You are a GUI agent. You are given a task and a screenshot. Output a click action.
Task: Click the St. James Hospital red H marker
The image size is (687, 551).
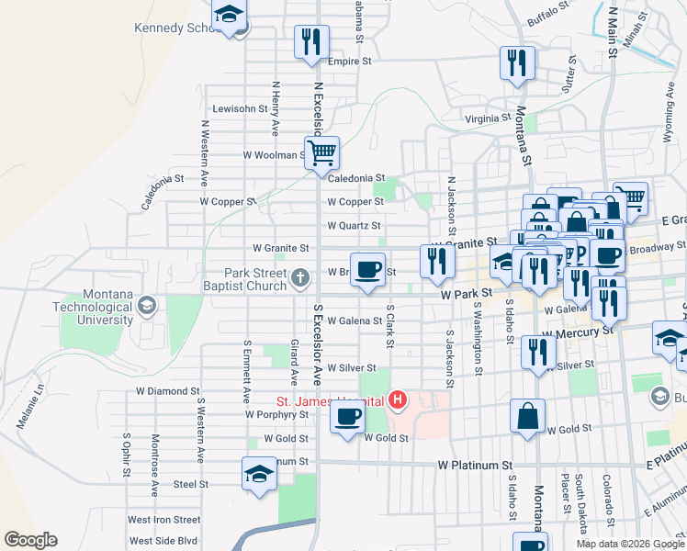pos(398,399)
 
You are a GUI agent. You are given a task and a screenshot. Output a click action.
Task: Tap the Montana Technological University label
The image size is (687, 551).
pos(93,306)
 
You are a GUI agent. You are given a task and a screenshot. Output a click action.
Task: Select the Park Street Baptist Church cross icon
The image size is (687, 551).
pos(298,277)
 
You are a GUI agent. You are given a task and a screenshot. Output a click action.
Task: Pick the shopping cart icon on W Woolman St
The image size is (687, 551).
pos(321,153)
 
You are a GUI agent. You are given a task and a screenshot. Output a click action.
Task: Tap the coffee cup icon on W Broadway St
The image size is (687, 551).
pos(367,270)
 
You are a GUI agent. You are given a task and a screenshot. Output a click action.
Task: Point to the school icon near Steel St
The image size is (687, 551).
pos(260,476)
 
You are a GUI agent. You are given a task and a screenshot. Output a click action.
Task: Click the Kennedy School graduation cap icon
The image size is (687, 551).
pos(229,16)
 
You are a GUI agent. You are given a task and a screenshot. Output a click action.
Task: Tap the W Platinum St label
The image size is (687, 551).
pos(474,467)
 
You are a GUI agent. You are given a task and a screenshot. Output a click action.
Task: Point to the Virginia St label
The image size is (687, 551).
pos(487,118)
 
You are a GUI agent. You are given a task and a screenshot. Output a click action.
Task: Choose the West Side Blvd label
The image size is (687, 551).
pos(163,541)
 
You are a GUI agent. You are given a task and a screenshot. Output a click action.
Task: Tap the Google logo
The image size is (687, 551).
pos(30,540)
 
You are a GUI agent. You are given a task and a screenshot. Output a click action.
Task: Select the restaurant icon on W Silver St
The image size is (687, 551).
pos(537,353)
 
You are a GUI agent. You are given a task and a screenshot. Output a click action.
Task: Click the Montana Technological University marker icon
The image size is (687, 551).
pos(145,304)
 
